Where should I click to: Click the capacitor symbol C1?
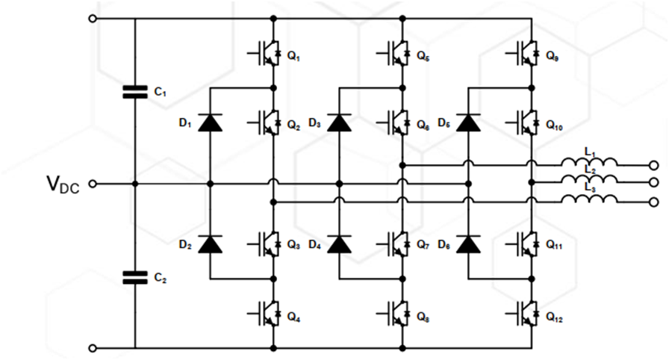point(135,91)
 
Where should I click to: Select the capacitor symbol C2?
point(135,277)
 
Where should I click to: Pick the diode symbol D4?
point(340,244)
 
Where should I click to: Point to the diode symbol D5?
point(468,122)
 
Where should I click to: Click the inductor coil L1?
point(590,164)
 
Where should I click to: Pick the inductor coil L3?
point(590,200)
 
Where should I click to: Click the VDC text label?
point(62,183)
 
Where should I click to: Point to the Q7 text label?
point(423,245)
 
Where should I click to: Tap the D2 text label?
point(185,244)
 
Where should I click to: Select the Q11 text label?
point(554,245)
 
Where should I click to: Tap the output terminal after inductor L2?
point(654,183)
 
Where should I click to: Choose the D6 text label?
point(444,244)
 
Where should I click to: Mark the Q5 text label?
point(423,56)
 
